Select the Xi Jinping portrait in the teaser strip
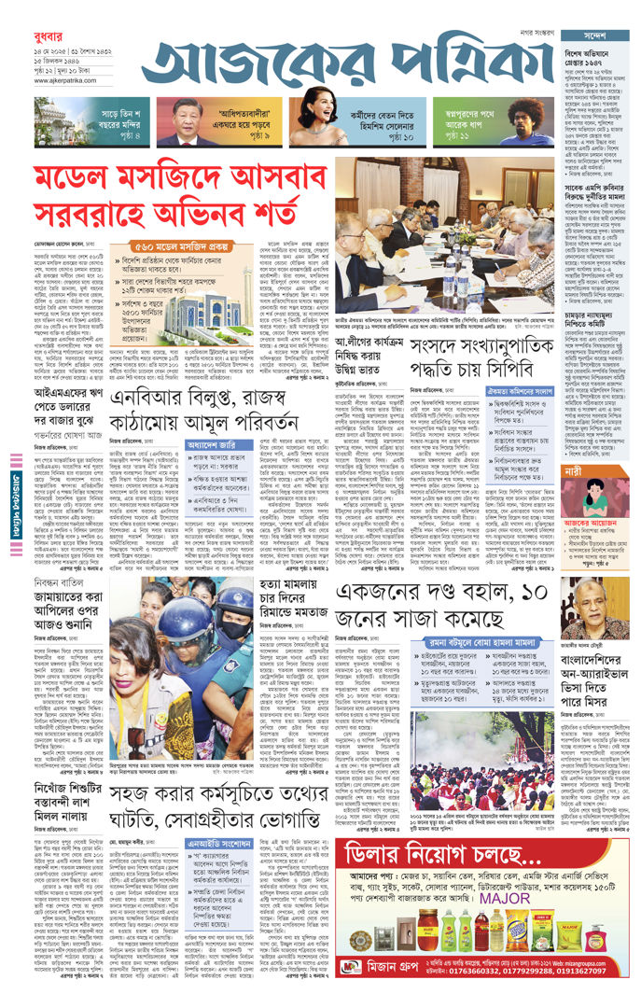click(x=178, y=120)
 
